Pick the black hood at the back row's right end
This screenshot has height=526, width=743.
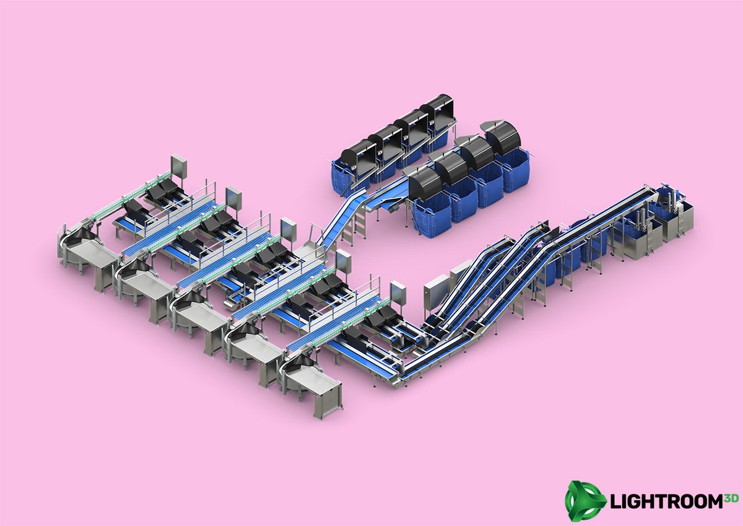(437, 108)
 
